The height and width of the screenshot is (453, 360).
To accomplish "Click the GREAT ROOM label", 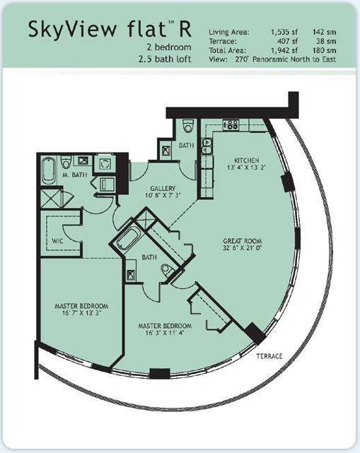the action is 243,241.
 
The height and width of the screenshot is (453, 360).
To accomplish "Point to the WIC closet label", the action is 57,240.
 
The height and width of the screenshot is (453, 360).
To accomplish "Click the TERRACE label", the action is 269,356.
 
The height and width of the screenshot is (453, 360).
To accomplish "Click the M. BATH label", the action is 75,175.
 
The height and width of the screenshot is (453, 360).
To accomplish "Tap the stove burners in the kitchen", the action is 231,124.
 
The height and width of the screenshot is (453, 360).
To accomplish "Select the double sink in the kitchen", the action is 207,146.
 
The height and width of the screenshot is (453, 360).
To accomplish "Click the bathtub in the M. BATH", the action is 49,171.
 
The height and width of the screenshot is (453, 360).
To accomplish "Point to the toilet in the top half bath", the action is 188,126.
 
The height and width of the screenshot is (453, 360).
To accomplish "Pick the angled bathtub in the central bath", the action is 128,238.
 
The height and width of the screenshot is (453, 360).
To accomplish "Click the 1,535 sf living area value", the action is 284,32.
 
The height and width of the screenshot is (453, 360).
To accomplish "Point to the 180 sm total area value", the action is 325,50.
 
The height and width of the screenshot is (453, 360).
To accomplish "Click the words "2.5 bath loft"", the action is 165,59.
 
